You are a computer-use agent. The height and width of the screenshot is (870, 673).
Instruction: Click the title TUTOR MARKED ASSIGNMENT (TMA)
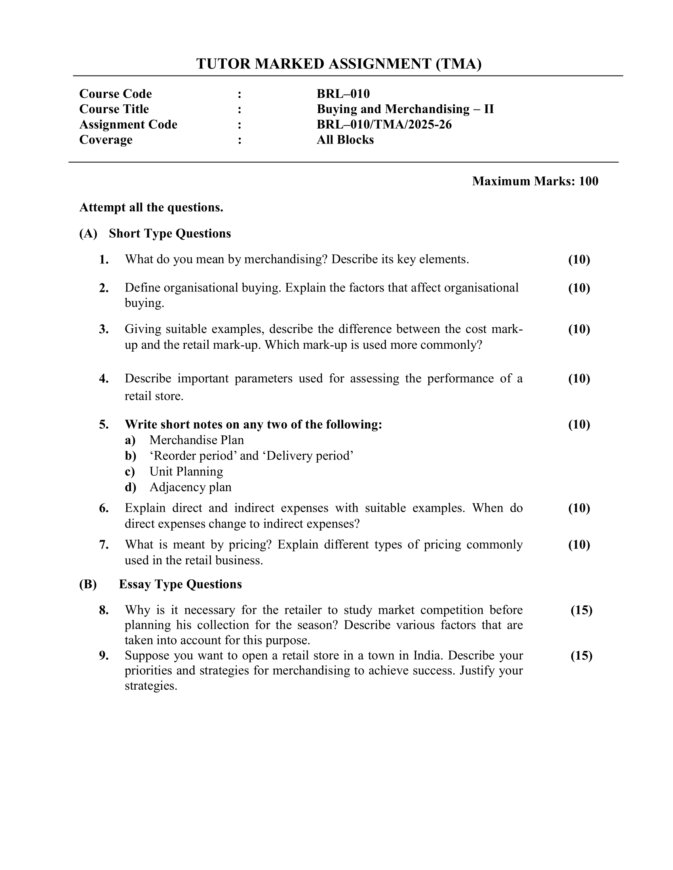pos(339,64)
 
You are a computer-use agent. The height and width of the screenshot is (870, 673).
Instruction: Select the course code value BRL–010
pos(343,94)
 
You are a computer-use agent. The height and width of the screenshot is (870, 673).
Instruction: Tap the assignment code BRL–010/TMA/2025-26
pos(384,125)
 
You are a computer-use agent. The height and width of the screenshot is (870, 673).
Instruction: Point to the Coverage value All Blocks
pos(345,140)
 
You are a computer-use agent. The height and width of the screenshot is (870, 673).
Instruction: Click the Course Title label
pos(114,109)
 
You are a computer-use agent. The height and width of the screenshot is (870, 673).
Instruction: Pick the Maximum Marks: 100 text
pos(535,181)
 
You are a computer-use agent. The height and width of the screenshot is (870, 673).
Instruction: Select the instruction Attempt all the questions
pos(151,208)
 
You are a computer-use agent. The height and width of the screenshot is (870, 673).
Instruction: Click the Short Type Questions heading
pos(170,233)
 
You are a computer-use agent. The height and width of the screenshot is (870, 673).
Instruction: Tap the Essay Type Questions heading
pos(180,584)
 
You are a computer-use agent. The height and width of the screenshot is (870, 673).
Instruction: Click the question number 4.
pos(104,378)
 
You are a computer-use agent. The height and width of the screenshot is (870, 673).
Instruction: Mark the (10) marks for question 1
pos(579,260)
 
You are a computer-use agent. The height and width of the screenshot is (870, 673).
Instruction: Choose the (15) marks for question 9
pos(581,656)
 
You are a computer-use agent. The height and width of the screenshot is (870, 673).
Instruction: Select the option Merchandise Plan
pos(197,440)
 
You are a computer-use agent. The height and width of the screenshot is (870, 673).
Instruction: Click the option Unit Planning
pos(186,472)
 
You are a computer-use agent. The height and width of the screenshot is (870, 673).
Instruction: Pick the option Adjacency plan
pos(190,488)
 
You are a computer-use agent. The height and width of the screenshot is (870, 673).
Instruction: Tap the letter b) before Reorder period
pos(130,456)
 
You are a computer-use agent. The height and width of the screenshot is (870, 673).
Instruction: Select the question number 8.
pos(104,610)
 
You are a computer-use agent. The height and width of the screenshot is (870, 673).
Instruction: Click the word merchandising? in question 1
pos(285,260)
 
